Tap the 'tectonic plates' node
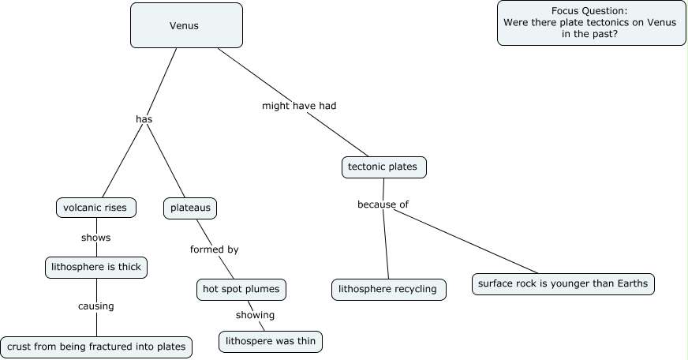click(x=383, y=167)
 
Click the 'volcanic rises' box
click(x=96, y=208)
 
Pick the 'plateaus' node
click(x=189, y=208)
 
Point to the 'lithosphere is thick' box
click(x=96, y=267)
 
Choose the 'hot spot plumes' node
click(x=240, y=289)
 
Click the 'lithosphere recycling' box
click(x=387, y=289)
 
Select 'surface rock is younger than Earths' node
click(x=563, y=284)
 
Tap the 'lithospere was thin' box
click(x=271, y=341)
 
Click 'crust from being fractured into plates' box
click(x=96, y=346)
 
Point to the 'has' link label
click(x=144, y=119)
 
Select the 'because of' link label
click(x=383, y=204)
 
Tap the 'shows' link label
click(x=95, y=237)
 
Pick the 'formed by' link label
click(x=214, y=249)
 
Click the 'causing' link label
click(x=95, y=306)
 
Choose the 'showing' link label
click(x=255, y=315)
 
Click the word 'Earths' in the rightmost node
click(x=633, y=284)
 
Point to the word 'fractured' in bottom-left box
click(x=104, y=346)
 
